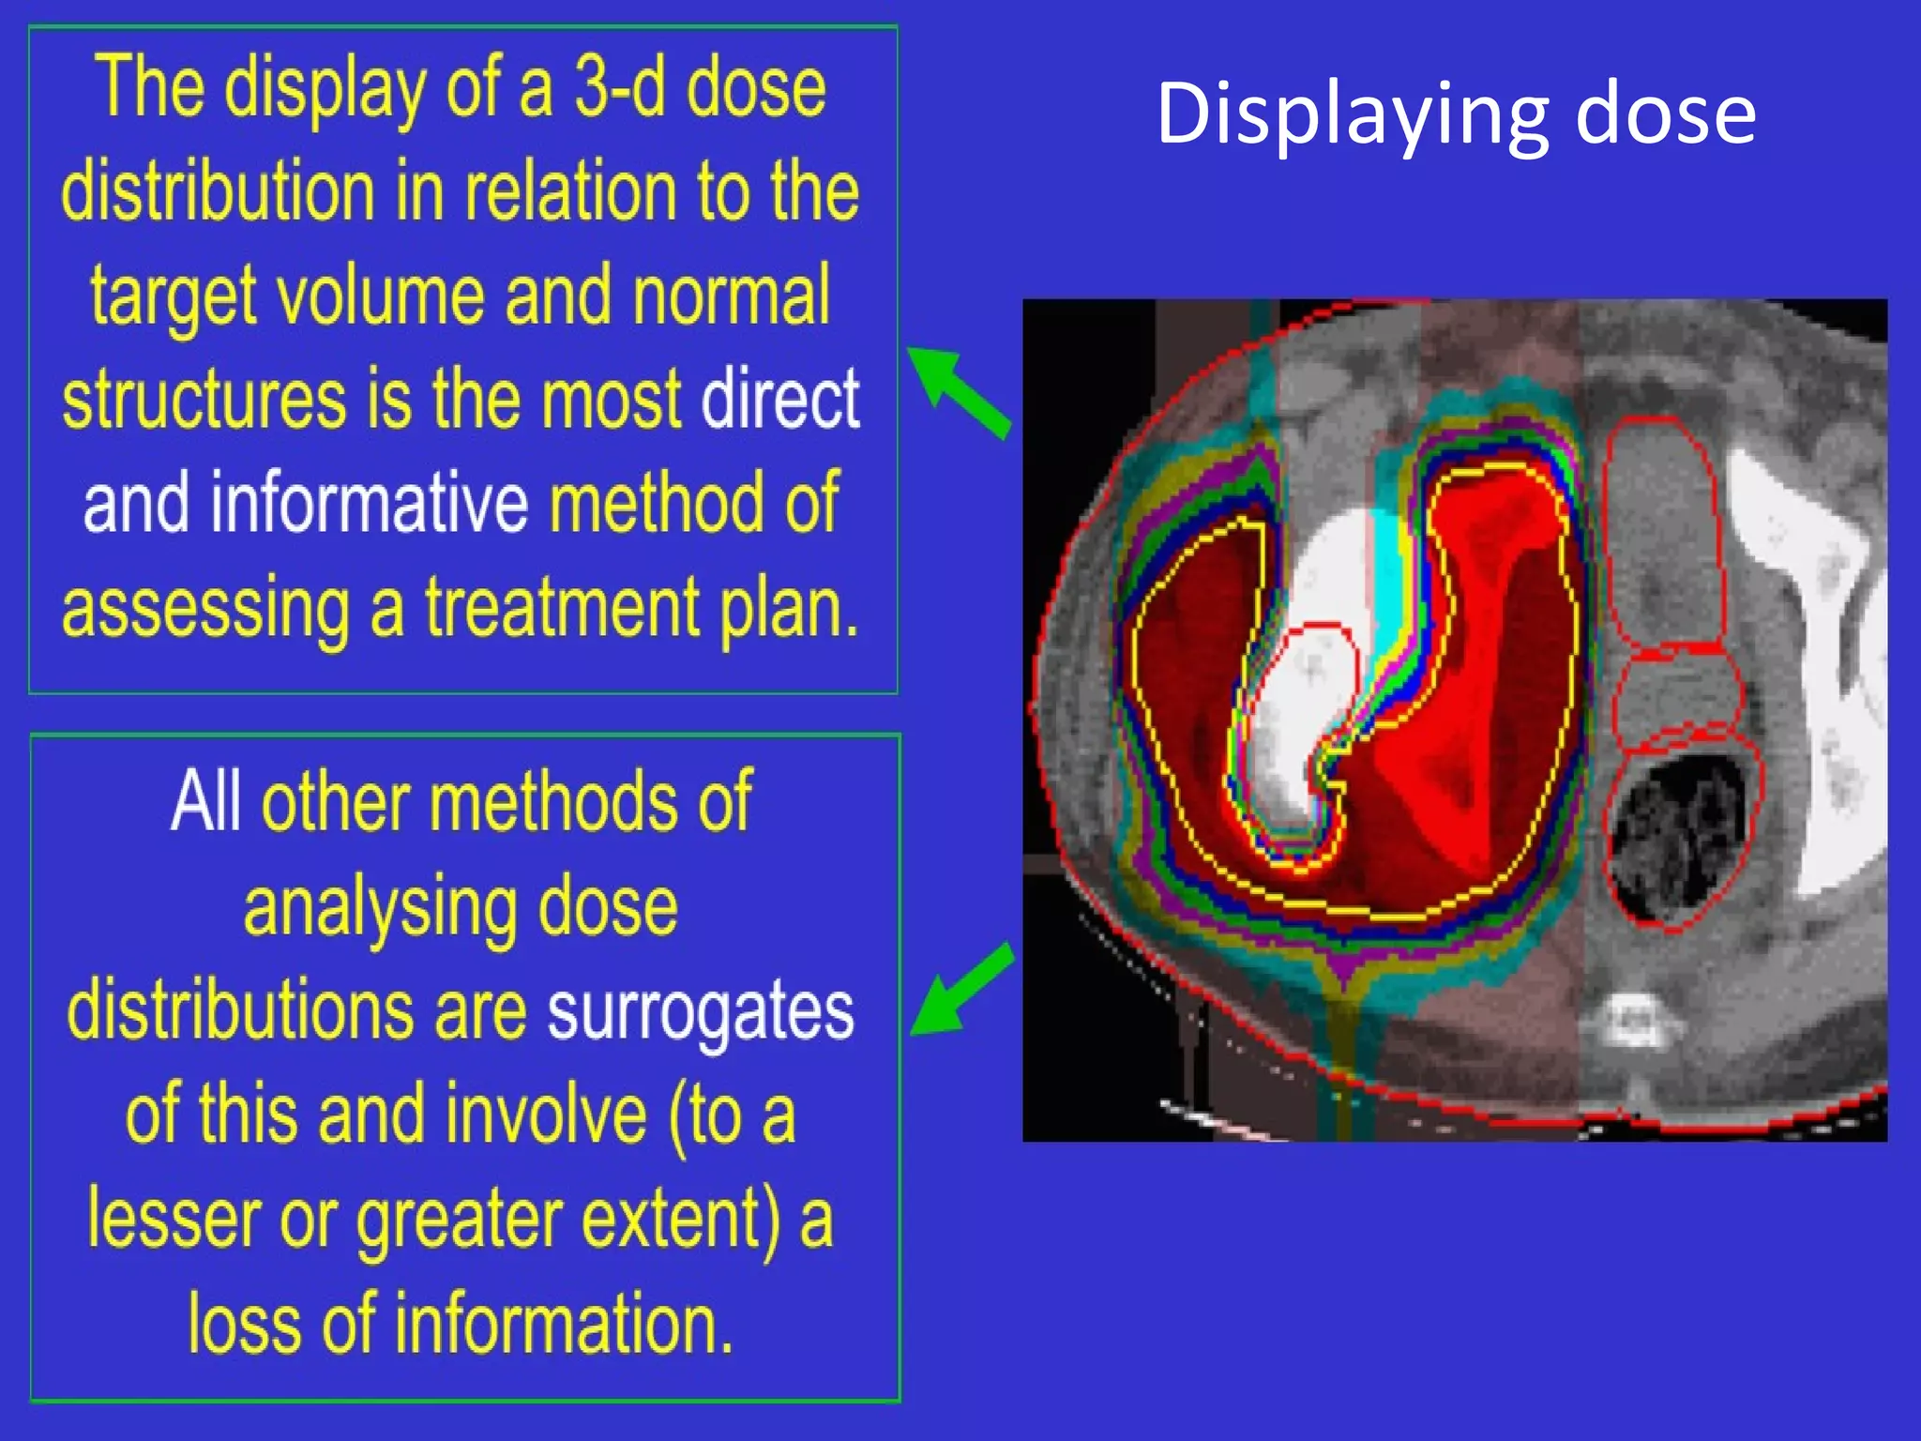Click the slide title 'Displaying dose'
(1456, 114)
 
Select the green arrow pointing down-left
(962, 991)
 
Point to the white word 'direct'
(780, 400)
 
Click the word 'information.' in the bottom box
(562, 1324)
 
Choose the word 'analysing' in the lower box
(376, 908)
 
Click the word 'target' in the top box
(173, 296)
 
